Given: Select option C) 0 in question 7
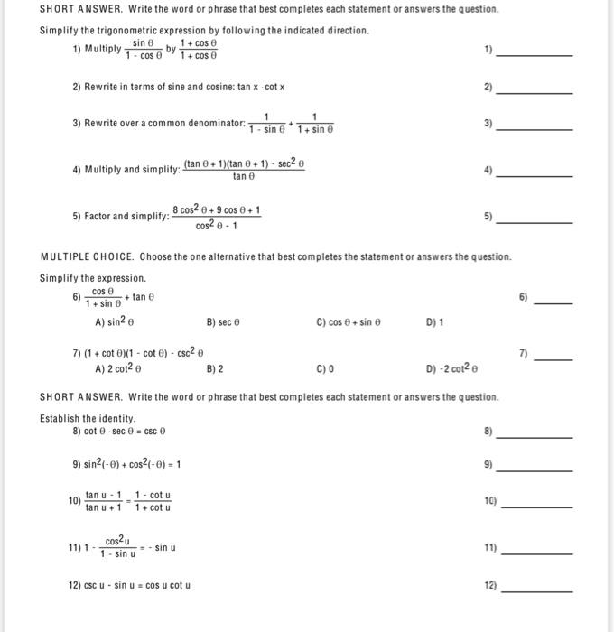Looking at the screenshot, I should (x=325, y=368).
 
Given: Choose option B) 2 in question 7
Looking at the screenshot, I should (x=215, y=368).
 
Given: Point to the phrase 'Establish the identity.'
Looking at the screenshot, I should (x=88, y=418).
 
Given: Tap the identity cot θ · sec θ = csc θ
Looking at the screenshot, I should (x=125, y=432).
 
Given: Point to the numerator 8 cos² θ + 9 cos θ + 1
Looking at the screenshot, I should (x=217, y=210).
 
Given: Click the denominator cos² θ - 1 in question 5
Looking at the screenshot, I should (x=217, y=226).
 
